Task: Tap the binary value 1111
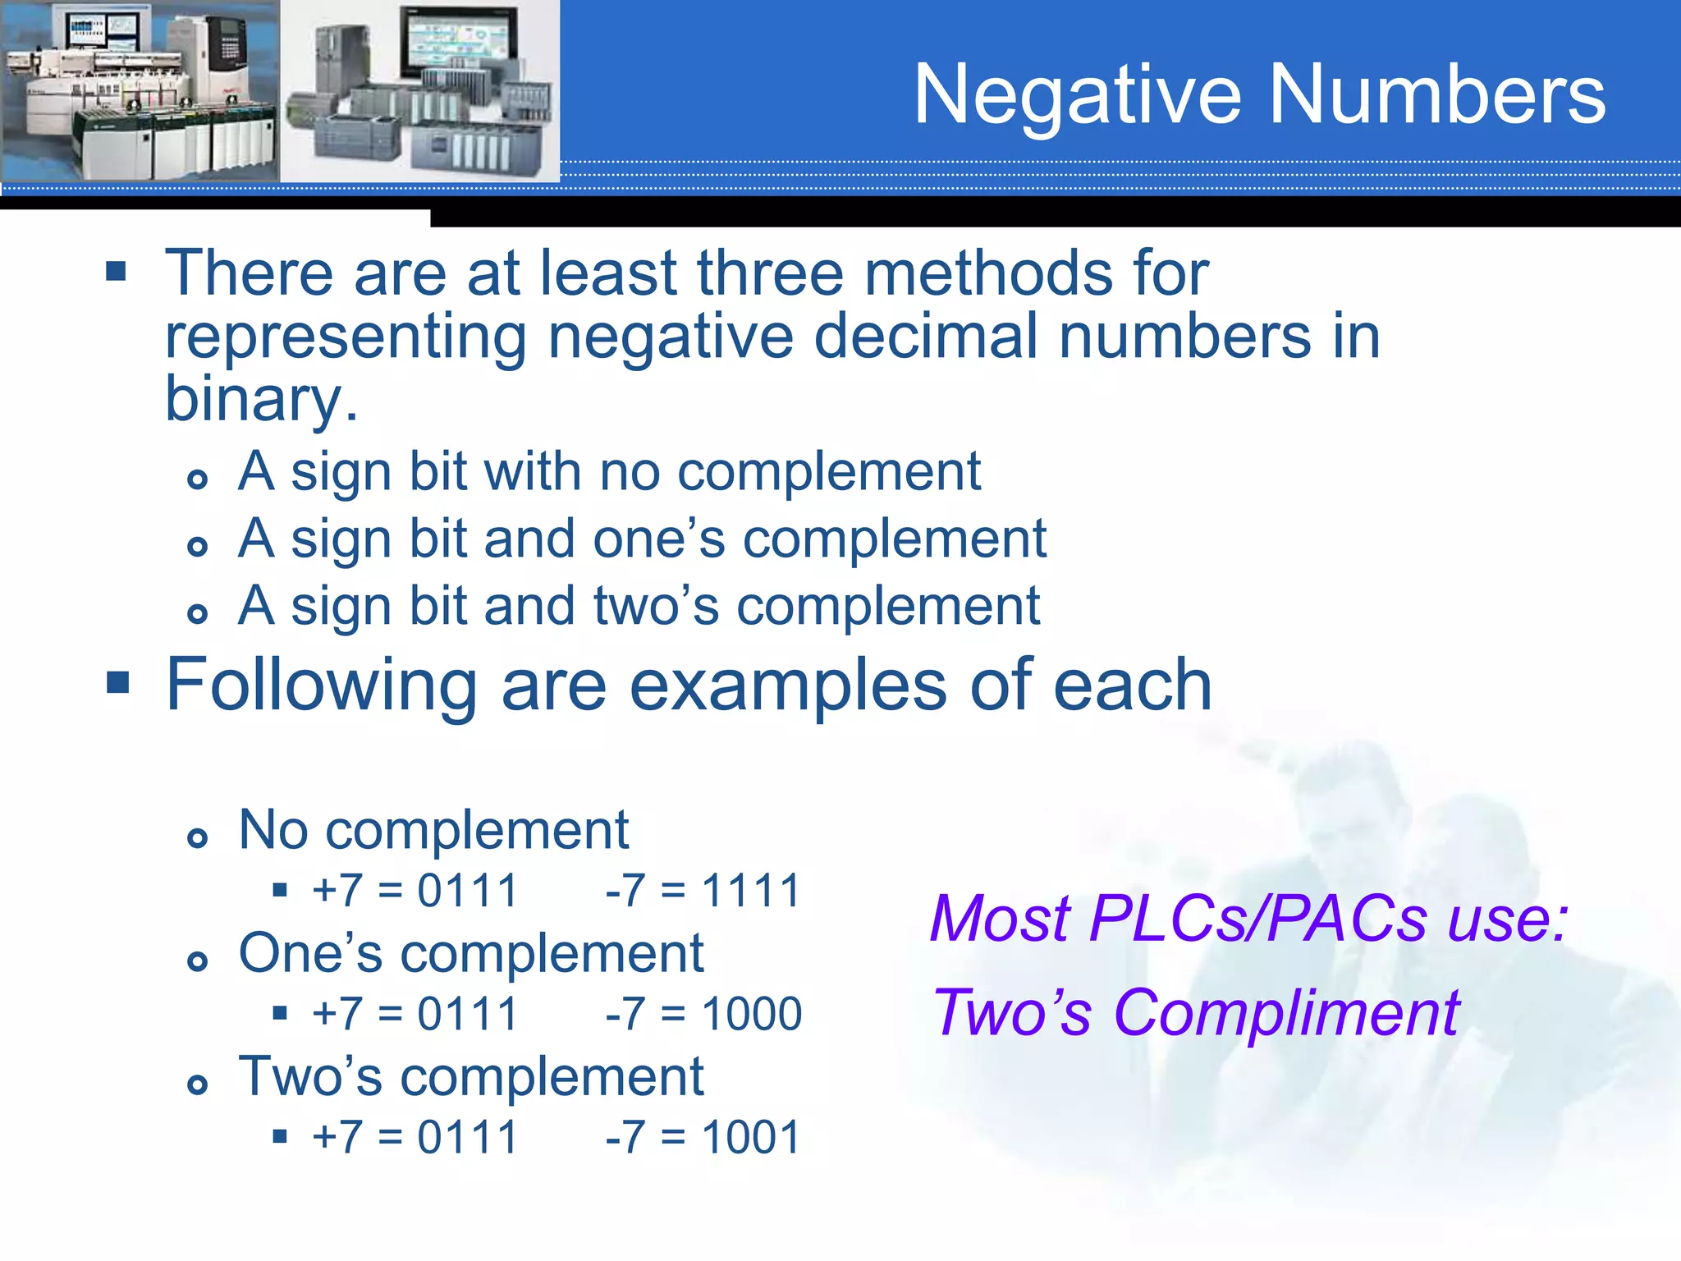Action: pyautogui.click(x=751, y=891)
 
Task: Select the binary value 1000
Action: pyautogui.click(x=752, y=1014)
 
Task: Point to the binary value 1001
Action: pyautogui.click(x=751, y=1138)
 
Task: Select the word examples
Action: pyautogui.click(x=787, y=686)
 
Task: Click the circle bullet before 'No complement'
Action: pyautogui.click(x=197, y=838)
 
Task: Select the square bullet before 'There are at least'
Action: pyautogui.click(x=117, y=272)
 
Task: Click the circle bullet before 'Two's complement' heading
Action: pyautogui.click(x=197, y=1085)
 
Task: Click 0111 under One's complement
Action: pyautogui.click(x=467, y=1014)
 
